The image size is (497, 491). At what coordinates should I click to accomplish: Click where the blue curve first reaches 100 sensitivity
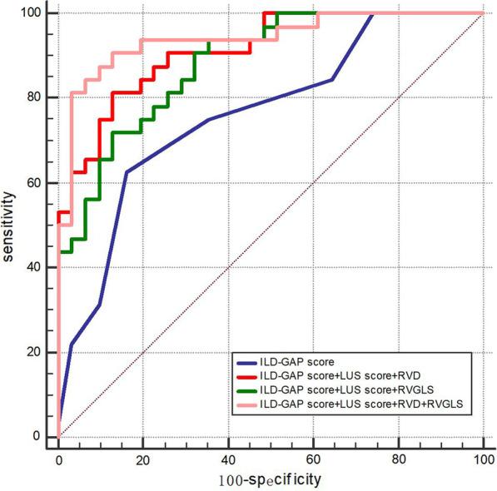[372, 13]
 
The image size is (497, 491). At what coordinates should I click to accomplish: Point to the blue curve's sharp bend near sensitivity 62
[126, 172]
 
